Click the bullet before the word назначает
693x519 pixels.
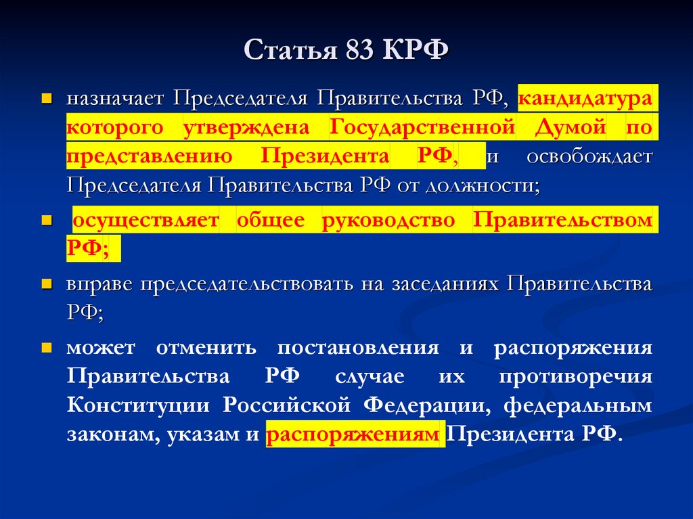[47, 99]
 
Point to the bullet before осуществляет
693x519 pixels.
[47, 221]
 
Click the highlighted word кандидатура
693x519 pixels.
[586, 98]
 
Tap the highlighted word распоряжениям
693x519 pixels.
[354, 434]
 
